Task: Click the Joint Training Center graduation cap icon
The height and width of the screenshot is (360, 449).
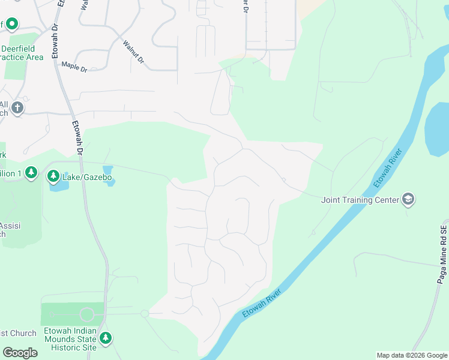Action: [408, 200]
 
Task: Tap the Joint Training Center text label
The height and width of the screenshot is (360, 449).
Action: [360, 200]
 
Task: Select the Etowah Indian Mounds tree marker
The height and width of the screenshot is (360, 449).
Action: [106, 338]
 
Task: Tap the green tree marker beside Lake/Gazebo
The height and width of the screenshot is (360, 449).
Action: [54, 176]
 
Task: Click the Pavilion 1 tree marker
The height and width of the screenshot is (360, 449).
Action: [32, 173]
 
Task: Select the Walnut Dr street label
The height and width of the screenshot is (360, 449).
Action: [133, 52]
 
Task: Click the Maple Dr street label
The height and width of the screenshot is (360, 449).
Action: [74, 66]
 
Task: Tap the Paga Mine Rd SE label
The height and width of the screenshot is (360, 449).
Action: [443, 255]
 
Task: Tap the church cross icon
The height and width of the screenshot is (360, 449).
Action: [17, 108]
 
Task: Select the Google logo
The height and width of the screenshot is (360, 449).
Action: [20, 353]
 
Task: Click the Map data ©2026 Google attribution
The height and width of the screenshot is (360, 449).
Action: [412, 355]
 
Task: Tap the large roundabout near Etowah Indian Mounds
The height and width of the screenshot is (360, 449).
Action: [87, 314]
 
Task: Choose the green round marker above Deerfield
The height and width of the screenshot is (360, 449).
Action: [12, 24]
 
